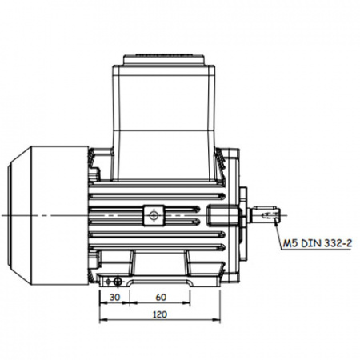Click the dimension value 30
point(114,297)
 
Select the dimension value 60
point(161,297)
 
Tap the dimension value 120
point(160,314)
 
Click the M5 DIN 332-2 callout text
point(318,243)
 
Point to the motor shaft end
point(266,215)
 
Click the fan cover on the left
point(48,215)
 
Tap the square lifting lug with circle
point(154,215)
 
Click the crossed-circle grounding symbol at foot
point(118,282)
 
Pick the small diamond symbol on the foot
point(108,282)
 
